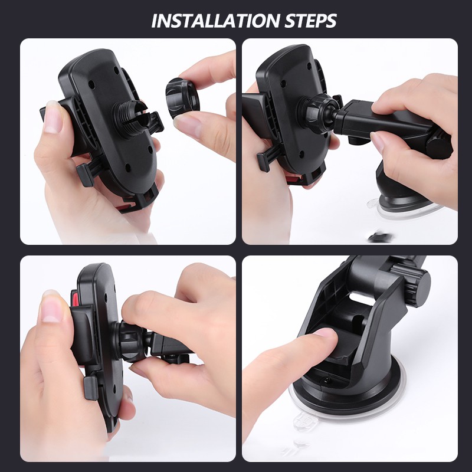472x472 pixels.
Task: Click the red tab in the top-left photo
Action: pyautogui.click(x=125, y=206)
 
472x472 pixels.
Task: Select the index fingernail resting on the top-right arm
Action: pyautogui.click(x=378, y=141)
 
